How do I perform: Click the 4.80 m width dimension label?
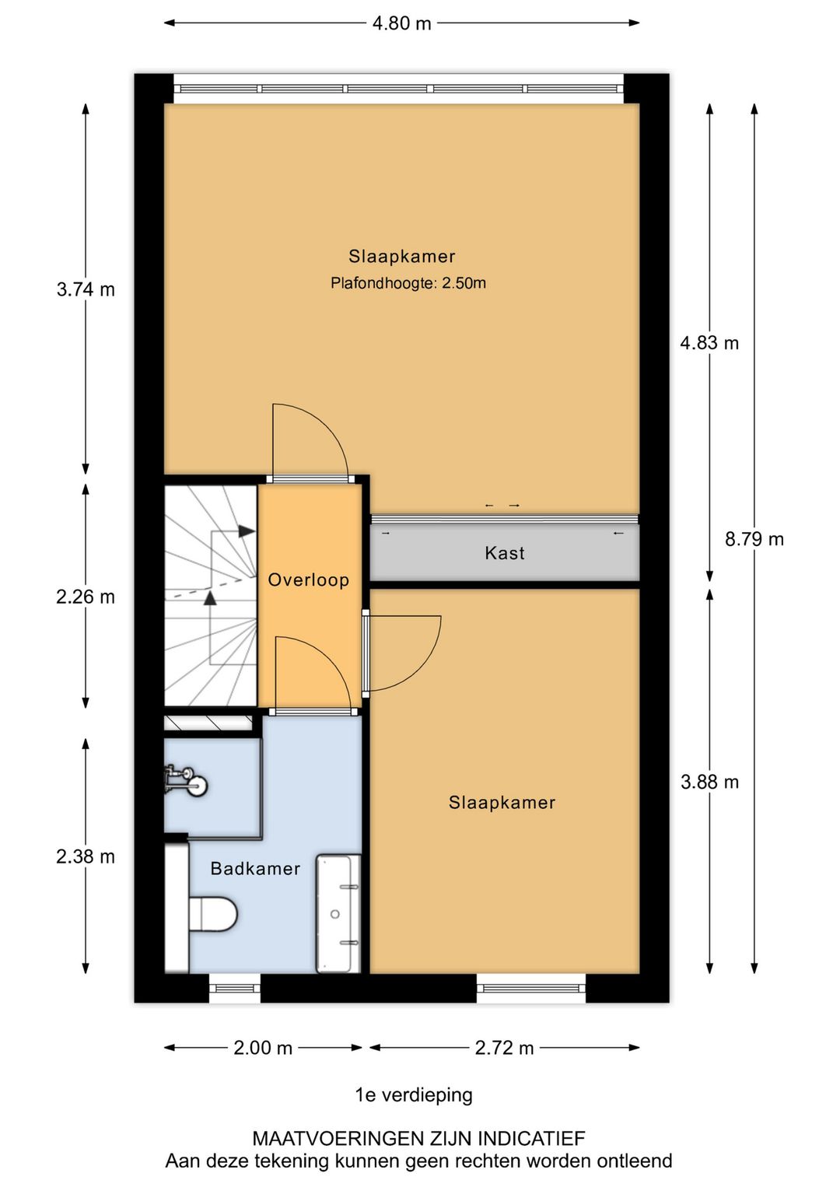click(x=401, y=24)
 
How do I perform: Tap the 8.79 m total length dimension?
click(x=754, y=540)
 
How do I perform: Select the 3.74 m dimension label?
click(x=86, y=289)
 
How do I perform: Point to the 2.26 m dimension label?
click(x=86, y=597)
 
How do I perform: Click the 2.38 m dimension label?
click(x=86, y=856)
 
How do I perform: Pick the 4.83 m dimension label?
click(x=709, y=343)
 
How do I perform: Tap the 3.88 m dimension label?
click(x=709, y=783)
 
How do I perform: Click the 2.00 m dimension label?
click(x=263, y=1048)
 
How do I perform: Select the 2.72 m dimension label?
click(x=504, y=1048)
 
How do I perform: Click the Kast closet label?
click(x=505, y=553)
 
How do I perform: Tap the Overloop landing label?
click(x=309, y=579)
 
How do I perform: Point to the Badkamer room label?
click(x=255, y=869)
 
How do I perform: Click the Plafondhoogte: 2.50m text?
click(x=408, y=283)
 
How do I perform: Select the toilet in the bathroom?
click(x=213, y=913)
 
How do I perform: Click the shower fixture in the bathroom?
click(x=185, y=781)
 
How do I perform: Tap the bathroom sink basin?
click(x=338, y=913)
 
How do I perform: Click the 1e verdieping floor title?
click(x=414, y=1094)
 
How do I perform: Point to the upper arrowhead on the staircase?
click(x=247, y=531)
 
